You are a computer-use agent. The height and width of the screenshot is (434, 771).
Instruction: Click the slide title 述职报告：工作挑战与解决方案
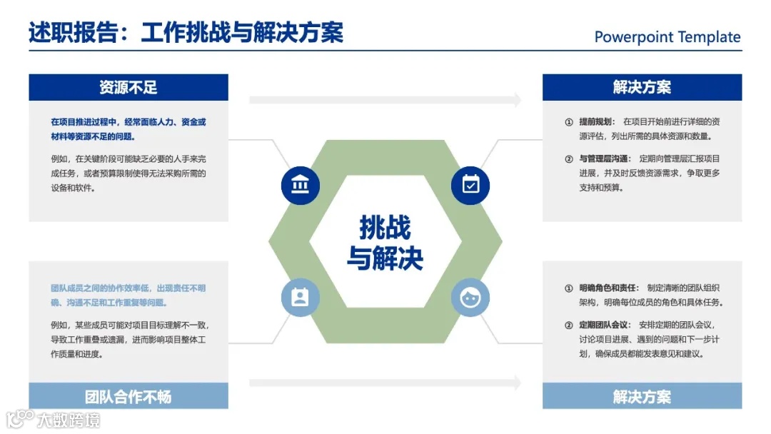click(186, 33)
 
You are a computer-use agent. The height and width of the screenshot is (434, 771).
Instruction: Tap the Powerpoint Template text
click(667, 37)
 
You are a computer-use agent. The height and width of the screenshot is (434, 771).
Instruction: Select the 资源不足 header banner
click(128, 88)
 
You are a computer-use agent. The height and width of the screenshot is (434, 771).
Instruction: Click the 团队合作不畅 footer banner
click(128, 396)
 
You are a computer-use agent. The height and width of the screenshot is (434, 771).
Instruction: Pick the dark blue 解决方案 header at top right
click(642, 88)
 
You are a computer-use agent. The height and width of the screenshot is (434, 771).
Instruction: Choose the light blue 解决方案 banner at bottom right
click(642, 396)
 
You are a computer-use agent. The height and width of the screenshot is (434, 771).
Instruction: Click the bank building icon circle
click(301, 185)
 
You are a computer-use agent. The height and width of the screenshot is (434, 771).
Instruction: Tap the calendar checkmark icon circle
click(470, 185)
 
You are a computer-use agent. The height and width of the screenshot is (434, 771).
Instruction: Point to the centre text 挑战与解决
click(385, 243)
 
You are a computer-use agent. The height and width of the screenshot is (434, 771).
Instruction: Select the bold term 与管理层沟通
click(604, 158)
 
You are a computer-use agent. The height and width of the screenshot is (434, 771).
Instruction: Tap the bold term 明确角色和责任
click(608, 288)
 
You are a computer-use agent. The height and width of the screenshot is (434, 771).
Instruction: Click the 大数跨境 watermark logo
click(54, 418)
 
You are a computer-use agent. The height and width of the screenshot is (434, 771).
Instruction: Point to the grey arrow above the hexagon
click(385, 100)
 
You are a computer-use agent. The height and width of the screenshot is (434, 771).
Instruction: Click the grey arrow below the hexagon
click(385, 383)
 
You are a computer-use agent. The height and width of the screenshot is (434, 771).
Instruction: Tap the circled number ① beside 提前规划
click(569, 122)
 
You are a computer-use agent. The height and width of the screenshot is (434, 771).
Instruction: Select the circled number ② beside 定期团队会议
click(569, 325)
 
